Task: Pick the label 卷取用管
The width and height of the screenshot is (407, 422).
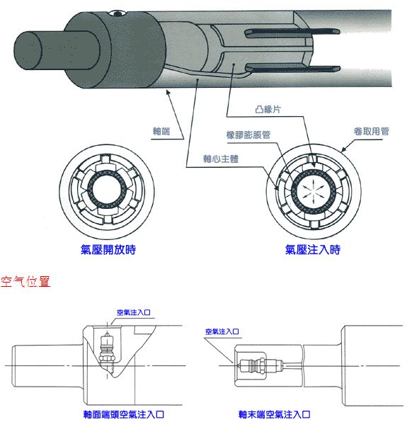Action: (367, 132)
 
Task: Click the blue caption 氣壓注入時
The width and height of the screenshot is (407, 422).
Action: (313, 250)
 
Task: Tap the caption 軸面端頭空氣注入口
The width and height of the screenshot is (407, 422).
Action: (124, 414)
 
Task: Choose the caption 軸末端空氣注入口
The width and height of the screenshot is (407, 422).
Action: (275, 414)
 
